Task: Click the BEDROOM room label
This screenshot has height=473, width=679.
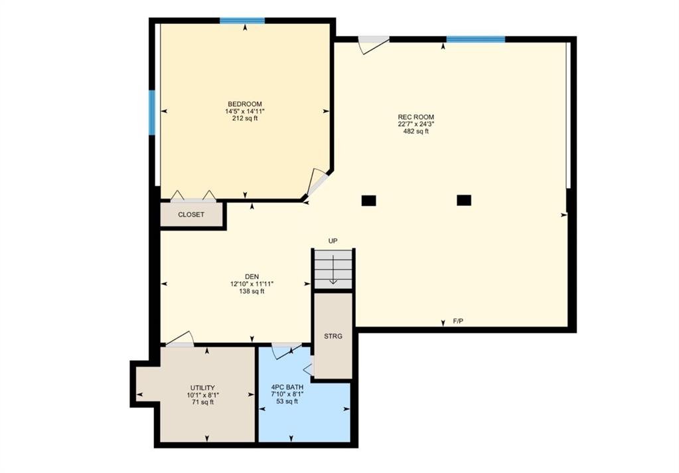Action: click(x=245, y=104)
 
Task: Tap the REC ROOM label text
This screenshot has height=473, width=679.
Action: click(x=415, y=117)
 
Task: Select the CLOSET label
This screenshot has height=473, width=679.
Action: click(x=191, y=215)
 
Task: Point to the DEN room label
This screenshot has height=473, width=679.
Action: click(x=252, y=276)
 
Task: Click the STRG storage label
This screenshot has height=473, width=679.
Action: click(x=333, y=336)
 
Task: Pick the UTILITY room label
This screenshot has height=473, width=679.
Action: click(x=202, y=387)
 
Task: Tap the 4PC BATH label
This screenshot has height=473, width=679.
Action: click(x=287, y=387)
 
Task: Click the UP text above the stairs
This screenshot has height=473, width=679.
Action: click(x=333, y=240)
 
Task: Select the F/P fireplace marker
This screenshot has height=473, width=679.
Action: click(x=458, y=322)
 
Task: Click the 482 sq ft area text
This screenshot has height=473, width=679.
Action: click(x=415, y=132)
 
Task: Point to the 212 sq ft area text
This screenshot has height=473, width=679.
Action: click(x=245, y=118)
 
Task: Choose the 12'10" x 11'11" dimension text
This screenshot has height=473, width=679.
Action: click(x=252, y=284)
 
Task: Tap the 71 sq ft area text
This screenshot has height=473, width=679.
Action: click(x=202, y=402)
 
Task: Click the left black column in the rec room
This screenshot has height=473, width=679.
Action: click(x=368, y=201)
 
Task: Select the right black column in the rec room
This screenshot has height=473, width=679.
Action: click(x=464, y=201)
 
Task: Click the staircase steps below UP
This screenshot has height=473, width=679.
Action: click(x=333, y=269)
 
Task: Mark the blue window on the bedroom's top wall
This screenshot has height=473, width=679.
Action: click(x=242, y=21)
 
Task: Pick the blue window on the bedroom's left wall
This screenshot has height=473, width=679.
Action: click(x=152, y=113)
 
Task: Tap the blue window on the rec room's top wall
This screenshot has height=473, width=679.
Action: click(x=476, y=39)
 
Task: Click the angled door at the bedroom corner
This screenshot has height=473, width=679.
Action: click(x=319, y=184)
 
